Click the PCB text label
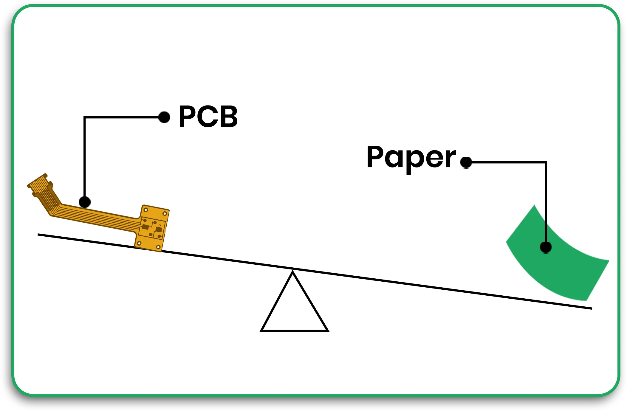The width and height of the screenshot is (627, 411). point(208,117)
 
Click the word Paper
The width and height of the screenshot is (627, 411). point(411,158)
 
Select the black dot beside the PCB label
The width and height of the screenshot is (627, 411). point(164,117)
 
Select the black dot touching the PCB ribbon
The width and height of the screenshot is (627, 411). point(85,202)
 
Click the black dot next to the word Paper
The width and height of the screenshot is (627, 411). point(466,162)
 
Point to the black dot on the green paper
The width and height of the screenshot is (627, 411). point(546,247)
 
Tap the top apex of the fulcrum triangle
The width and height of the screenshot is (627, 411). point(293,272)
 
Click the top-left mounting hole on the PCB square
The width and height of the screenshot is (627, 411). point(146,210)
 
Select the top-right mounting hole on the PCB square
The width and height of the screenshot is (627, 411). point(165,213)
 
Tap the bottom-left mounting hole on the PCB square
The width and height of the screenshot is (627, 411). point(139,243)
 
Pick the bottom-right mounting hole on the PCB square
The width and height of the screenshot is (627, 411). point(158,247)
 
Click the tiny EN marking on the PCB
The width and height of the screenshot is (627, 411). point(160,225)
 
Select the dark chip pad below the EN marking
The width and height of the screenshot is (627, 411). point(159,230)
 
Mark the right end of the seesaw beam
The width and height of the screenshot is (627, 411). point(591,308)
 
